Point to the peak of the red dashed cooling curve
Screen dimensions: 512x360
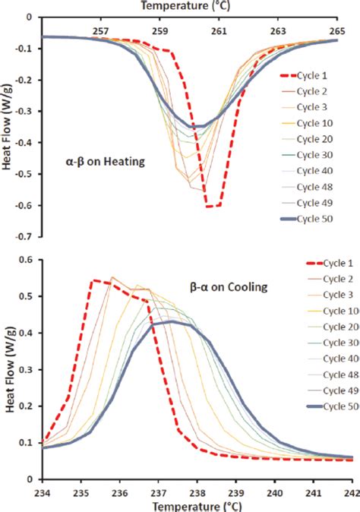[93, 280]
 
